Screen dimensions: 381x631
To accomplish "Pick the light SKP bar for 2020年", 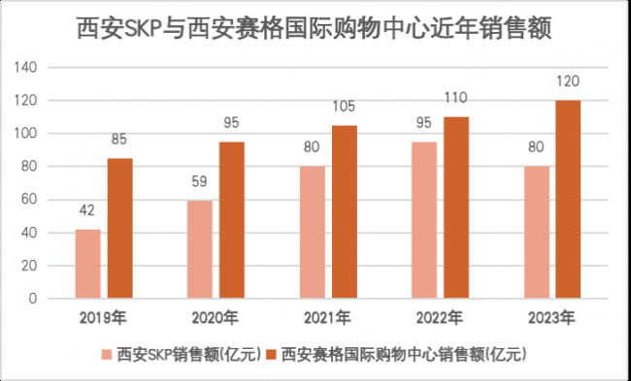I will click(199, 249).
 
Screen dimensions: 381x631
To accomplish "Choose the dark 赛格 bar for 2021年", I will click(345, 211).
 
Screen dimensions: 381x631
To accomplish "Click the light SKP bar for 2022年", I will click(423, 220).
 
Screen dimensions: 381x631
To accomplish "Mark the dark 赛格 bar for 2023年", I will click(568, 199).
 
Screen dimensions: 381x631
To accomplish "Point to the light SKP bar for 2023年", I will click(536, 233).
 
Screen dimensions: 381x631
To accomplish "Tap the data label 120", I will click(568, 84).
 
